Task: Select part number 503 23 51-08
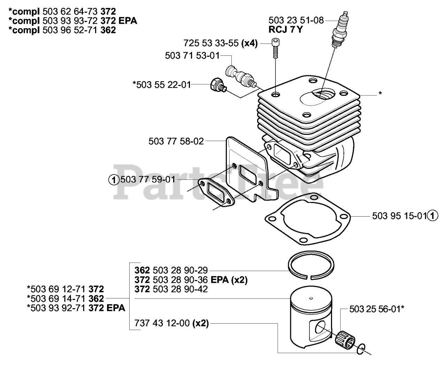(296, 21)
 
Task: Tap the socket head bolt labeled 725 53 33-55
(275, 48)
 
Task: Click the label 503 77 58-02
(176, 141)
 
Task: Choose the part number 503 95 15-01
(399, 216)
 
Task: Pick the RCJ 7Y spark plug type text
(286, 30)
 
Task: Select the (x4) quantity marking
(249, 43)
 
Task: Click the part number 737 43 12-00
(162, 323)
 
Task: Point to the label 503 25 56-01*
(377, 309)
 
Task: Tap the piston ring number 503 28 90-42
(180, 289)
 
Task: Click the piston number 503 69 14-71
(58, 298)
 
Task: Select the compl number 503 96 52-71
(70, 30)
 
